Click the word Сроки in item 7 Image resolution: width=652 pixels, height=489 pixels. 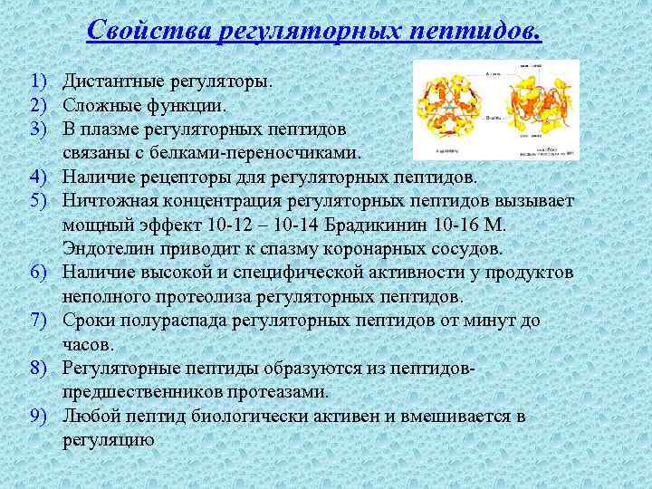click(87, 321)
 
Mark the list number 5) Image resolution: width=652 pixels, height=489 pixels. click(36, 199)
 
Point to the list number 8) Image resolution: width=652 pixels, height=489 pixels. click(36, 369)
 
